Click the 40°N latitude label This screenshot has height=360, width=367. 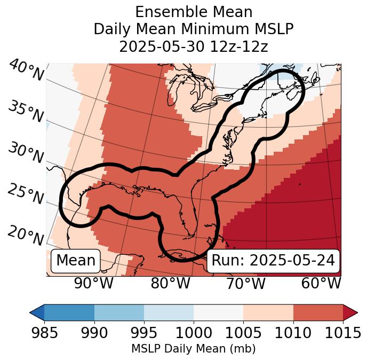click(x=26, y=71)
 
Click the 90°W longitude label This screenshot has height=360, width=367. click(x=93, y=283)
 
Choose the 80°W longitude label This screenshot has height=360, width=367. click(x=170, y=283)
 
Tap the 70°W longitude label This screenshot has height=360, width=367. click(x=245, y=283)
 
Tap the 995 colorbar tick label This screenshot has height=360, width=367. click(x=143, y=333)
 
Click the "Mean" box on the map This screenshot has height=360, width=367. click(x=76, y=261)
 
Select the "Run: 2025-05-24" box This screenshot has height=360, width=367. click(x=273, y=261)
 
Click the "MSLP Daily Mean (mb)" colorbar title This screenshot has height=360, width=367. click(x=193, y=349)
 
